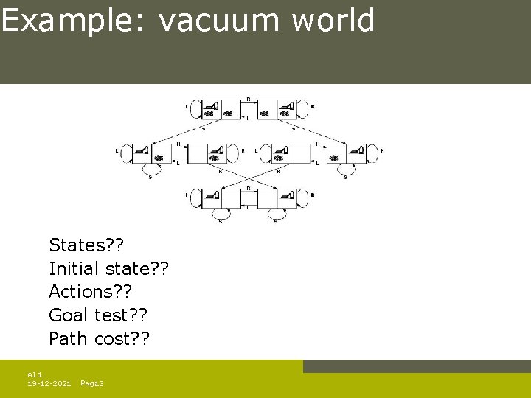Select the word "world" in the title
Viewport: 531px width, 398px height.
(333, 21)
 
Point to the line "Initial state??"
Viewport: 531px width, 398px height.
(108, 268)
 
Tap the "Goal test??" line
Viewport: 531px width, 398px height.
(98, 315)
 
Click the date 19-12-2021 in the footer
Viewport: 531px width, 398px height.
(49, 384)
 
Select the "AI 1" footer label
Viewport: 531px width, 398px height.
(35, 375)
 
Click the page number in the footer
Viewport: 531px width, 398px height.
(91, 384)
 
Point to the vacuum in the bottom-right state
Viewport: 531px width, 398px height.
(287, 195)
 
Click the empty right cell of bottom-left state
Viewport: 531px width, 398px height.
(231, 198)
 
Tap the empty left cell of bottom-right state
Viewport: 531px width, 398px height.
(266, 198)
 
